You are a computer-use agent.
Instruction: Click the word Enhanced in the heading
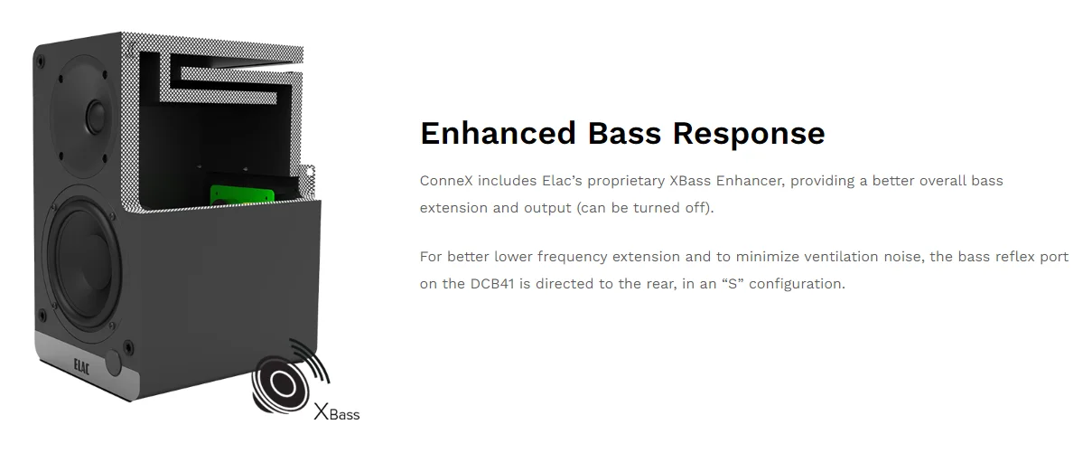pyautogui.click(x=498, y=133)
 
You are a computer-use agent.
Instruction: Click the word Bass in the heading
pyautogui.click(x=624, y=133)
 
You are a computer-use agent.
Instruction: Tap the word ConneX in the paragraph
pyautogui.click(x=446, y=181)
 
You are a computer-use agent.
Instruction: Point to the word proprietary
pyautogui.click(x=625, y=182)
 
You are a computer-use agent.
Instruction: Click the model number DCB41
pyautogui.click(x=492, y=284)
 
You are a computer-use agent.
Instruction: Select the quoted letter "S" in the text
pyautogui.click(x=733, y=284)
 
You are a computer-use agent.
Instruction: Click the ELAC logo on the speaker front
pyautogui.click(x=81, y=366)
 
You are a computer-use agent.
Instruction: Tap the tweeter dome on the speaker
pyautogui.click(x=96, y=117)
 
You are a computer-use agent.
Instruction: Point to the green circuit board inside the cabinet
pyautogui.click(x=242, y=194)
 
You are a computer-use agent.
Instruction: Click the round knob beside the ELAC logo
pyautogui.click(x=113, y=363)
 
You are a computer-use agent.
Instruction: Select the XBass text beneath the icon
pyautogui.click(x=337, y=412)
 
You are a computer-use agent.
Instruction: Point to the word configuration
pyautogui.click(x=797, y=285)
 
